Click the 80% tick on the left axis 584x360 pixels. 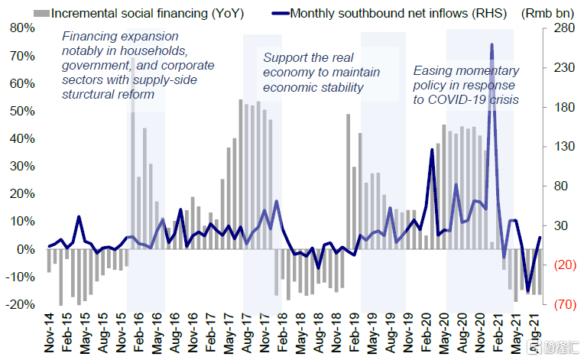20,28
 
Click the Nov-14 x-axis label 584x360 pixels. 49,336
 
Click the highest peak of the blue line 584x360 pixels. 491,45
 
